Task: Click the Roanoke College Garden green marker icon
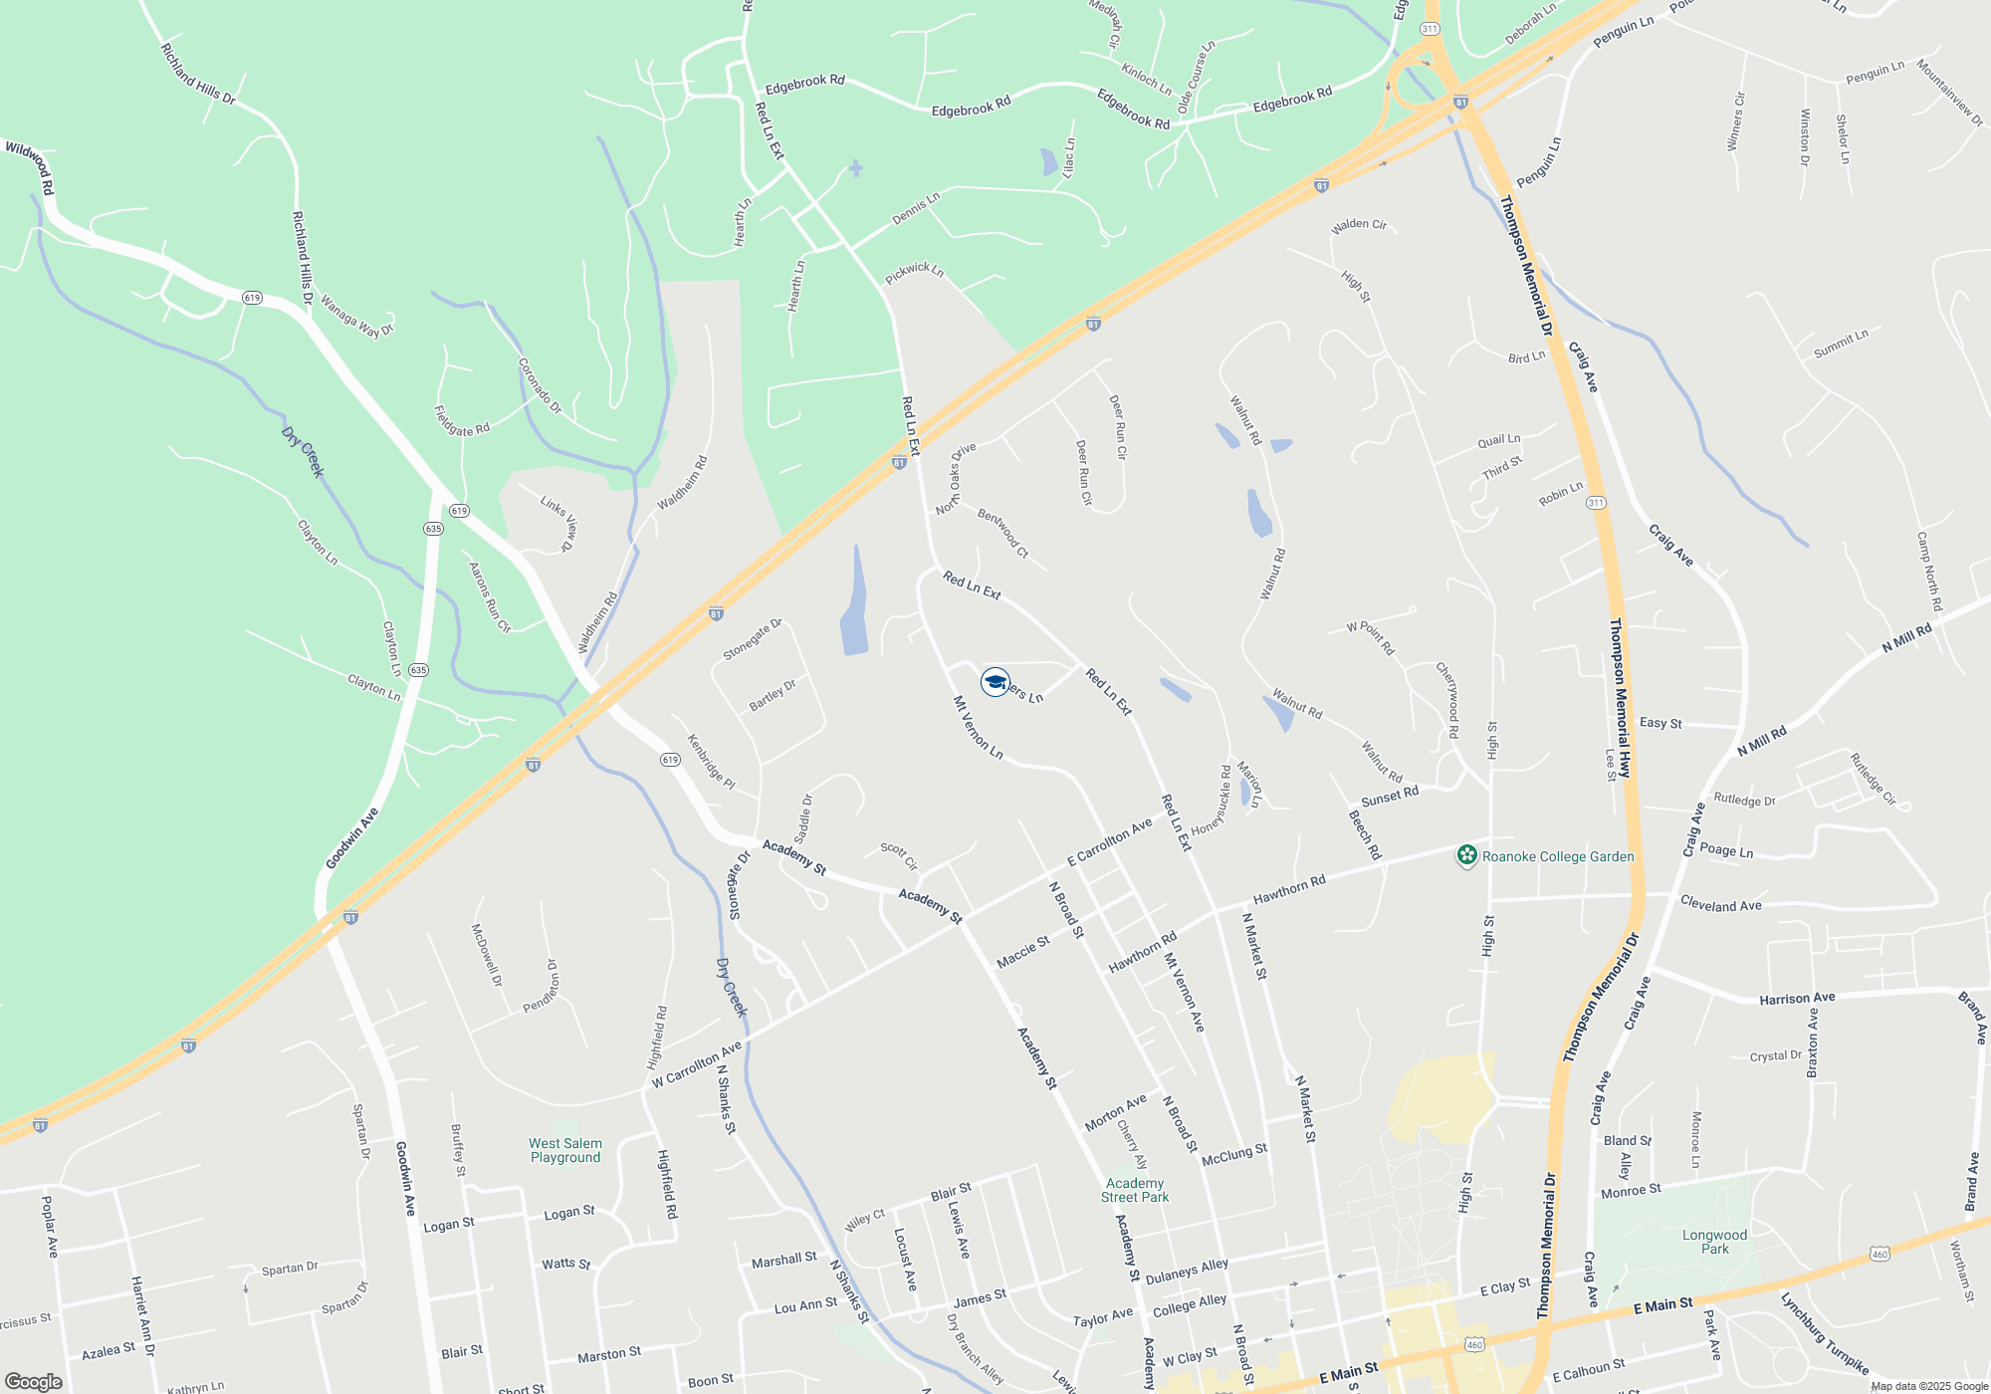click(x=1466, y=855)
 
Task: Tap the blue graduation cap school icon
click(x=995, y=682)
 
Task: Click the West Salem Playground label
click(x=565, y=1150)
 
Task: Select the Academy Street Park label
click(x=1135, y=1190)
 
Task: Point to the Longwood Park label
click(x=1714, y=1242)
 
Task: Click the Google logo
click(x=33, y=1381)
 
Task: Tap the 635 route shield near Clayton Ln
click(x=418, y=670)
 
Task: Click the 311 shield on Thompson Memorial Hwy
click(x=1596, y=503)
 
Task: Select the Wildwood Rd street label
click(x=30, y=167)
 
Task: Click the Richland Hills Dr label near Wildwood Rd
click(x=198, y=74)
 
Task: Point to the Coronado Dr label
click(x=540, y=386)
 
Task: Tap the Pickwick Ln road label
click(x=914, y=271)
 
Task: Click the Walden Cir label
click(x=1359, y=225)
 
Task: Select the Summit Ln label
click(x=1841, y=344)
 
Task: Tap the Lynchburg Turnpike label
click(x=1824, y=1332)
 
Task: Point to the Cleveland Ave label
click(x=1720, y=904)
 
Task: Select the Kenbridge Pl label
click(x=711, y=762)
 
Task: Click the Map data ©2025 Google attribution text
click(x=1929, y=1386)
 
